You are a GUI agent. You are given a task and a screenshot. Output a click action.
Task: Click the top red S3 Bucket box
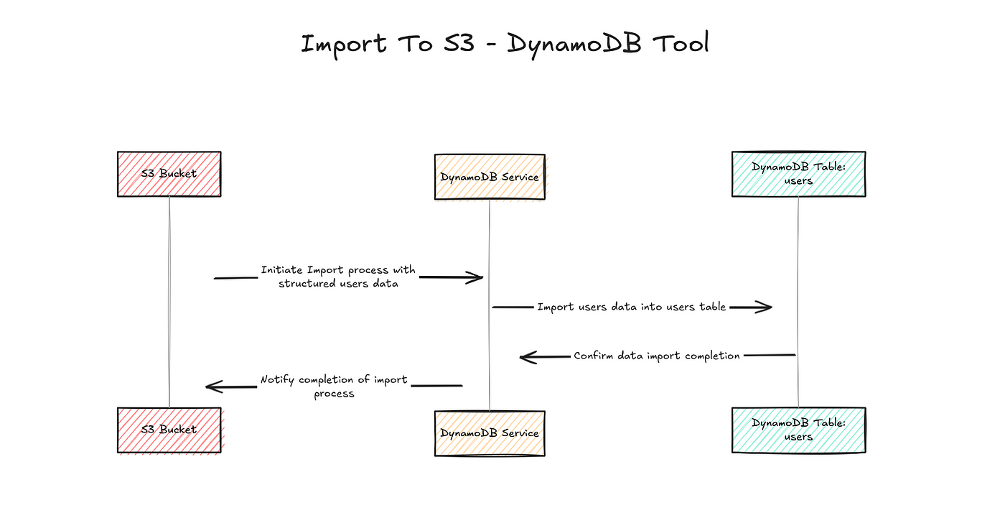pos(169,174)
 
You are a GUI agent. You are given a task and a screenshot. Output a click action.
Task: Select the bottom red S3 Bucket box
pos(169,430)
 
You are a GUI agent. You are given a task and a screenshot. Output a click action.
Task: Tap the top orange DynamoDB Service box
pos(490,177)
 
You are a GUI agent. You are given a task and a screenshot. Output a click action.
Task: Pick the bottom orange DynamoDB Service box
pos(490,433)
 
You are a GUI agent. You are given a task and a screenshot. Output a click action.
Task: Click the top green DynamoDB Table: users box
pos(798,174)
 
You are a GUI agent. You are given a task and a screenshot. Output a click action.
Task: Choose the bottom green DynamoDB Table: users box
pos(798,430)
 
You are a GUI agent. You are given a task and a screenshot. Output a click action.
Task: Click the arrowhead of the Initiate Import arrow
pos(477,277)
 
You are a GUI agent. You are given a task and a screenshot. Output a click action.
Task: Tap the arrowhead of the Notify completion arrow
pos(211,387)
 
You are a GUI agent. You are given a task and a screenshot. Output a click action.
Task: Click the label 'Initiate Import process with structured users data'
pos(337,277)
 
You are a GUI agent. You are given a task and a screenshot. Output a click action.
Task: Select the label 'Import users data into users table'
pos(632,307)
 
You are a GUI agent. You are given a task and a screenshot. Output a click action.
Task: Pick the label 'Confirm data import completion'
pos(656,356)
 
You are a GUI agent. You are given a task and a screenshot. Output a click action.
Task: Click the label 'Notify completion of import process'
pos(334,387)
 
